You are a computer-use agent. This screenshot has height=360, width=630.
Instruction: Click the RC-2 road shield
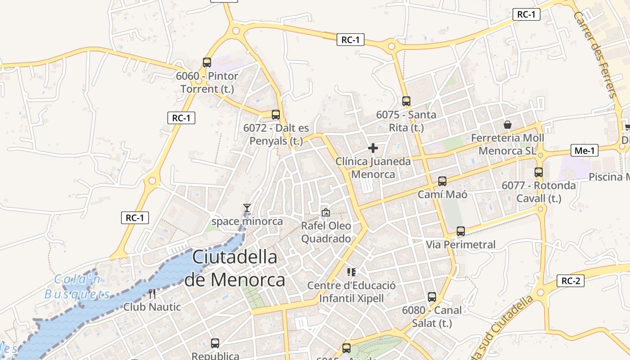click(571, 281)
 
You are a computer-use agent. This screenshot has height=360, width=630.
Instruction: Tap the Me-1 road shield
click(585, 151)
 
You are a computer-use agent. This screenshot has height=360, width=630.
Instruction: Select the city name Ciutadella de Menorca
click(234, 268)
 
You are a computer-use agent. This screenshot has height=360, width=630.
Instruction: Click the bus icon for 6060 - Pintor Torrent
click(207, 63)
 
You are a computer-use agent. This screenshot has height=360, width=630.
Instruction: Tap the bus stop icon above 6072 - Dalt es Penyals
click(276, 115)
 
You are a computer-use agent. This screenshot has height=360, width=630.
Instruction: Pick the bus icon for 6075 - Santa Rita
click(406, 101)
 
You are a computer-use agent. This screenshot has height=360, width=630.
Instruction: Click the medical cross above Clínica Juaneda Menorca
click(373, 148)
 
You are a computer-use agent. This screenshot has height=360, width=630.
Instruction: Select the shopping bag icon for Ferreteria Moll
click(508, 125)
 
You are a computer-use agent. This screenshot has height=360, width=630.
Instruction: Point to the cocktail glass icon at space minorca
click(247, 207)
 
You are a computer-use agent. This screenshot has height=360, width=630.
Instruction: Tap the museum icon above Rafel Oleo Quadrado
click(325, 212)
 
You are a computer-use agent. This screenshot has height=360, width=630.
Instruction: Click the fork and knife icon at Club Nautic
click(152, 294)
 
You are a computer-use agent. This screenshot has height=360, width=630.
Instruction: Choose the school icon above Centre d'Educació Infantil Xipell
click(351, 272)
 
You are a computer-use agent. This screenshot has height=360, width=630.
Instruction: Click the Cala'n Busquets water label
click(77, 287)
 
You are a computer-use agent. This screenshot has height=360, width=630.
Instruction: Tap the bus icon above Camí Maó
click(442, 181)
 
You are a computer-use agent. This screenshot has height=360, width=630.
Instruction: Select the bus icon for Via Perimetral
click(461, 231)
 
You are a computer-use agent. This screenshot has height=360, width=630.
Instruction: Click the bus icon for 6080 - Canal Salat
click(432, 297)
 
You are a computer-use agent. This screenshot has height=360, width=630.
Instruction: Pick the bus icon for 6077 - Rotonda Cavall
click(539, 172)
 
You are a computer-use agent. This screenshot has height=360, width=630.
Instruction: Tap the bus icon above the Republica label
click(215, 343)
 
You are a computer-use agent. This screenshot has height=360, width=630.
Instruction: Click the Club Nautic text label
click(152, 307)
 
